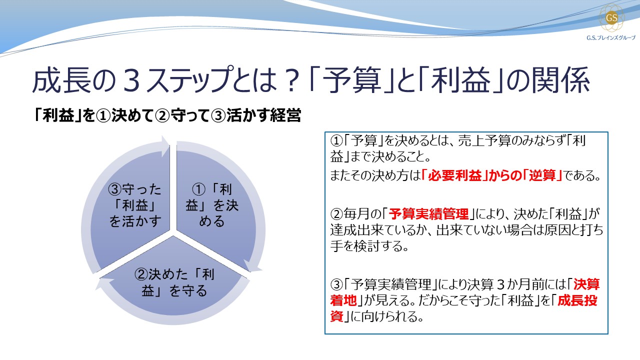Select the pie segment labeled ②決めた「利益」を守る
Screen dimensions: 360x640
tap(174, 282)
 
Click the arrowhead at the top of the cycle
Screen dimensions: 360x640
tap(165, 144)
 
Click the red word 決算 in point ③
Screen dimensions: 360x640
tap(586, 284)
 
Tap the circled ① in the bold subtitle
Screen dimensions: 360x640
tap(102, 116)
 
